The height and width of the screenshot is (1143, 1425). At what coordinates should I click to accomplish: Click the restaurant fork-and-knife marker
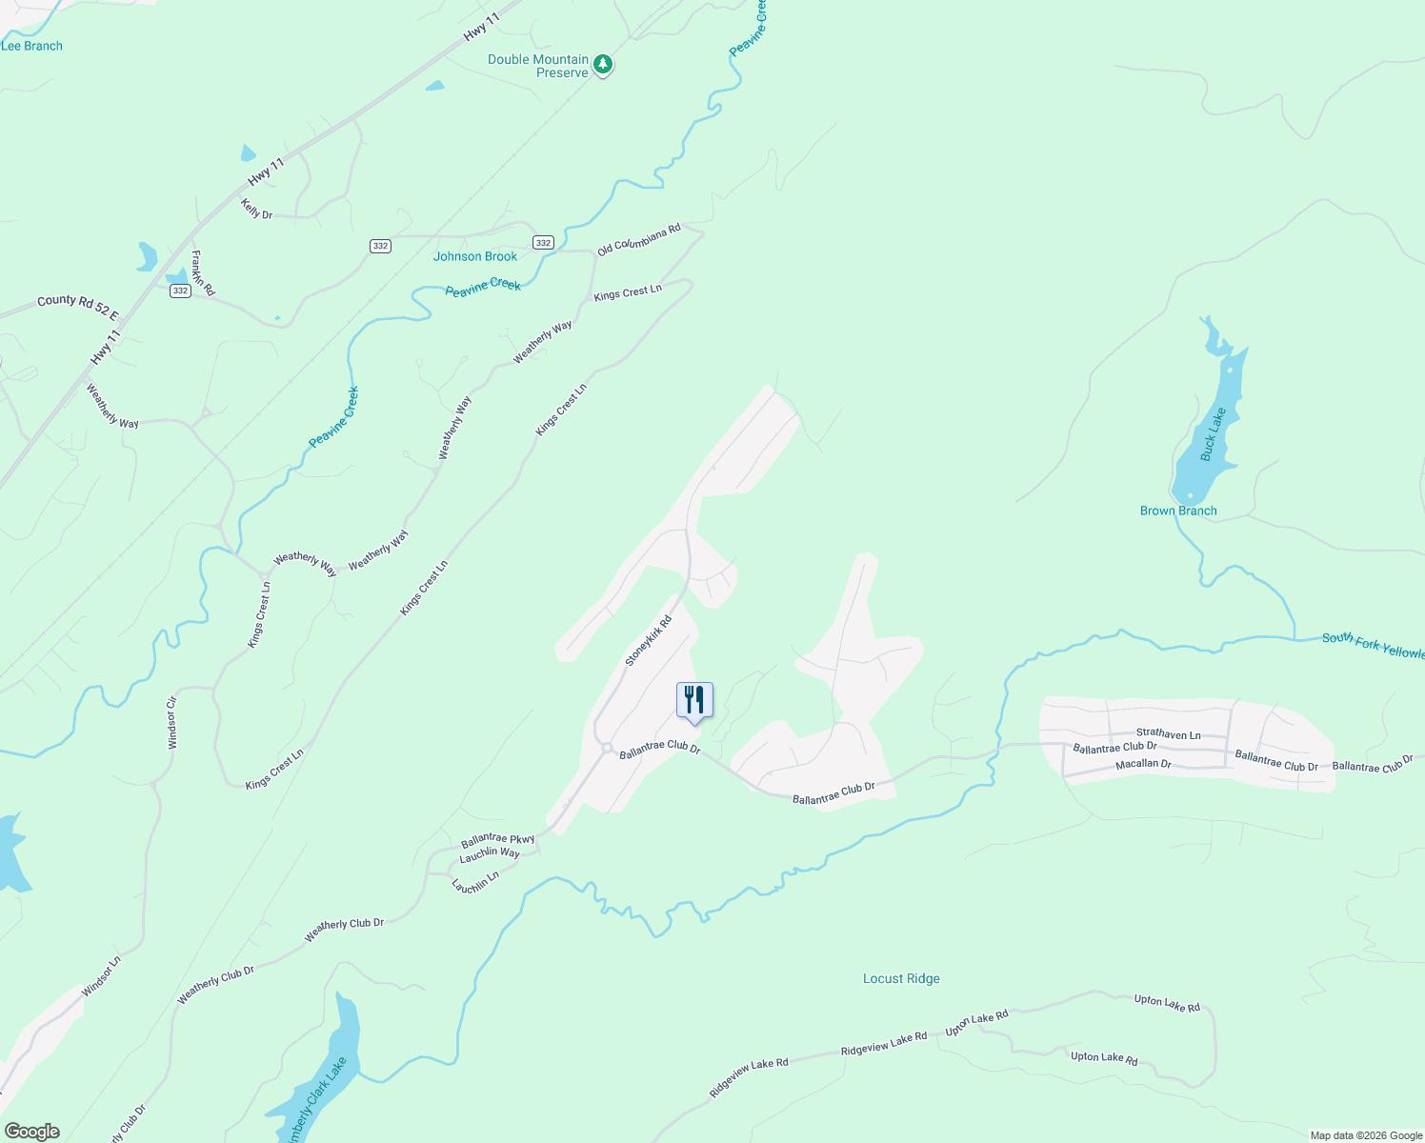[x=694, y=700]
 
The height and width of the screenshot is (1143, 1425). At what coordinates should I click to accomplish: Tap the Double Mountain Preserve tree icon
[x=603, y=65]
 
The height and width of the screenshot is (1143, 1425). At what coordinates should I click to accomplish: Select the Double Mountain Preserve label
[x=538, y=66]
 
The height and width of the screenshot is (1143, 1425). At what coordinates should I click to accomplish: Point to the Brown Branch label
[x=1178, y=511]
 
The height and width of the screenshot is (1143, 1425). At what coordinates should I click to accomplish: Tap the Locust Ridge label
[x=901, y=978]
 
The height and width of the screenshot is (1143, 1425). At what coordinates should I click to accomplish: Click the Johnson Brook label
[x=475, y=256]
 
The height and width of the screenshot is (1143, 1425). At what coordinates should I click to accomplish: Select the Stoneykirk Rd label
[x=649, y=641]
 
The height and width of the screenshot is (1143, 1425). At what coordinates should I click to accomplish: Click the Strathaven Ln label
[x=1168, y=734]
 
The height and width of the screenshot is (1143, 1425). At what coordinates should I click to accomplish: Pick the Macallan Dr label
[x=1143, y=764]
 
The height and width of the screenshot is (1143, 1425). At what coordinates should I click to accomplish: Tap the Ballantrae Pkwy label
[x=498, y=840]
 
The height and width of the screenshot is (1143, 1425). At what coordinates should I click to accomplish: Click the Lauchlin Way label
[x=490, y=853]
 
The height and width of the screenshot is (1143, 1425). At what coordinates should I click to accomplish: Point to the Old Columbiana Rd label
[x=639, y=239]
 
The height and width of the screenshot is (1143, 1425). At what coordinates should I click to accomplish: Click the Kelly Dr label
[x=257, y=209]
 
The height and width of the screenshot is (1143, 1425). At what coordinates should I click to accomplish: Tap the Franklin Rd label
[x=203, y=272]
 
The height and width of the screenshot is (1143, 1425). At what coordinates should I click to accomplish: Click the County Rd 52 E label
[x=78, y=307]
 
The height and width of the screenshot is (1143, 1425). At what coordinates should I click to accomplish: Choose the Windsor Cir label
[x=172, y=722]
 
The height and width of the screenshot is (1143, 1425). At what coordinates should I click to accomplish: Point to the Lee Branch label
[x=31, y=46]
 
